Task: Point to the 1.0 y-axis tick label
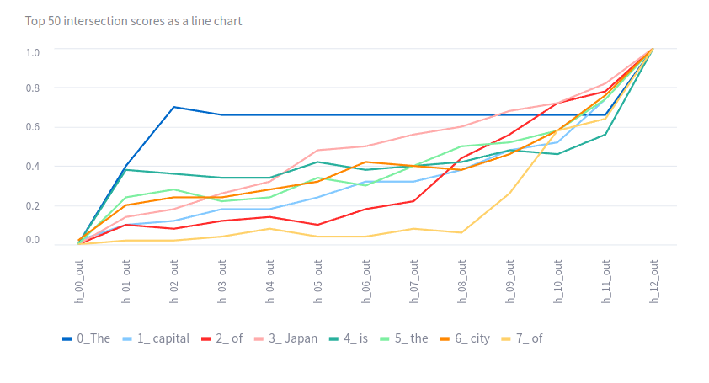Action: coord(33,52)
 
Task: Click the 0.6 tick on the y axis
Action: coord(33,127)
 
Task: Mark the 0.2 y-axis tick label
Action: coord(33,205)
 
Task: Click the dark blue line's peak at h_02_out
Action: coord(174,107)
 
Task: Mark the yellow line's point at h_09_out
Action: coord(509,194)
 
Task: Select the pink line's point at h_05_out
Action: coord(317,151)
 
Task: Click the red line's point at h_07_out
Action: coord(413,200)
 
